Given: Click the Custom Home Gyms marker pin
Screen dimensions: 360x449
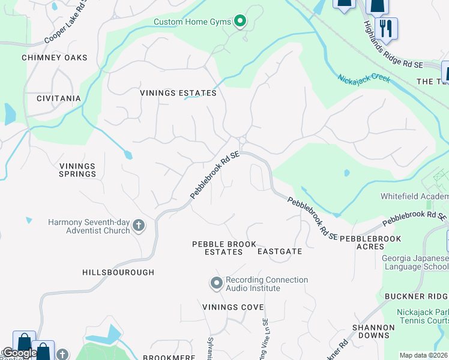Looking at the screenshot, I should [x=240, y=22].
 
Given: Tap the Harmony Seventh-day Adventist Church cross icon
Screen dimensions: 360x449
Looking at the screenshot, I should [x=138, y=226].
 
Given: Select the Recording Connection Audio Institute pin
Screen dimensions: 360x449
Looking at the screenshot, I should [x=217, y=282].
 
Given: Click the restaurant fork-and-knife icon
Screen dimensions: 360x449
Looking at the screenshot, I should [x=386, y=28].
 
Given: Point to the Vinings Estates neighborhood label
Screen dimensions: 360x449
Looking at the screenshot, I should [x=178, y=94].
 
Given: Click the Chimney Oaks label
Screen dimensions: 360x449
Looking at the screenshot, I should [x=54, y=58].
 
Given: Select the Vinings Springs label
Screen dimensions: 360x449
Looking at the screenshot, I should [x=77, y=170].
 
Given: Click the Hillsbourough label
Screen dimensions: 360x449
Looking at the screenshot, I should [x=118, y=272].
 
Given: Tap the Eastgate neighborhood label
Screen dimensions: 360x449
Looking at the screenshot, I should [x=279, y=252].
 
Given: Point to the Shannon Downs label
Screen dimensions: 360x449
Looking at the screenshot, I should [x=374, y=332].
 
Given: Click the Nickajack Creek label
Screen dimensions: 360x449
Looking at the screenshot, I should [x=363, y=79].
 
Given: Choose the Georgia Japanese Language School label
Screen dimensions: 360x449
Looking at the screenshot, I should [x=415, y=263].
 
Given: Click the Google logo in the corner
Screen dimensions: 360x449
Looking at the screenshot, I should [x=19, y=353].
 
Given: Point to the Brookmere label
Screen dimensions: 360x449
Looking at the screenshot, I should [x=167, y=357].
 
